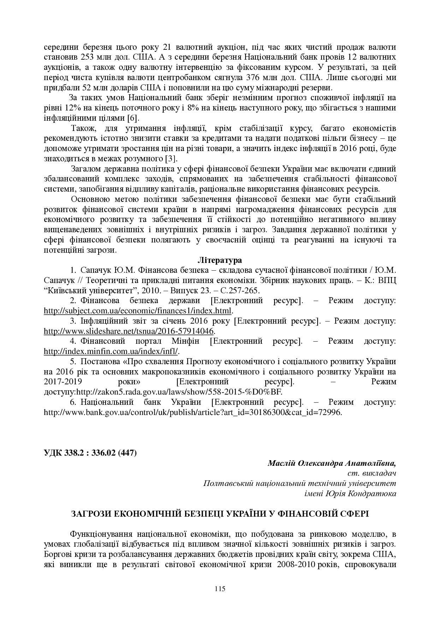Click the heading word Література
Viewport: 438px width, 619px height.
(x=219, y=260)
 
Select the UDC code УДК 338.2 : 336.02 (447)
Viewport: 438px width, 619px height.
(x=90, y=452)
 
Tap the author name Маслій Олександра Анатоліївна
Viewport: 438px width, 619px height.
(x=332, y=463)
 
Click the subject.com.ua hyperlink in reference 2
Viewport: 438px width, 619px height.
(x=137, y=311)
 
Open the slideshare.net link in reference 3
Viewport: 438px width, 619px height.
(x=129, y=331)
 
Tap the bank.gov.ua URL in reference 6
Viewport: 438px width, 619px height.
(x=193, y=412)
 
